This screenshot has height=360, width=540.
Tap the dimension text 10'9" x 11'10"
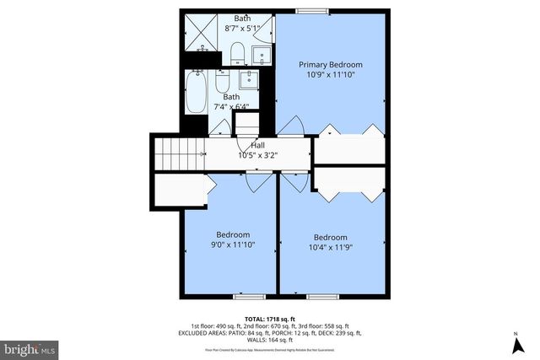pos(332,74)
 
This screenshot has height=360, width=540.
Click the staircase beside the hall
pos(180,154)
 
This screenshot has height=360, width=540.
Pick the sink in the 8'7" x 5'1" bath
pos(262,56)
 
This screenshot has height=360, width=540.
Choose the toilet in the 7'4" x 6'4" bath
pos(221,82)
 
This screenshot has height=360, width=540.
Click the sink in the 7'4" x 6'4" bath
pos(250,81)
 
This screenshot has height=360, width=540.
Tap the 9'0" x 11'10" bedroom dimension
pos(233,244)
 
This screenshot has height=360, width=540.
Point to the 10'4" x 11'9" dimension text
pos(331,247)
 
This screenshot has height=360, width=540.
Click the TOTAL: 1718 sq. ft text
pos(270,319)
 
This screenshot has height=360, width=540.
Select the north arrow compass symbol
pos(516,344)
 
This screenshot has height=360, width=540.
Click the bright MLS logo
pos(30,347)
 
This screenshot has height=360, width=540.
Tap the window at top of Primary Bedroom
pos(306,10)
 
